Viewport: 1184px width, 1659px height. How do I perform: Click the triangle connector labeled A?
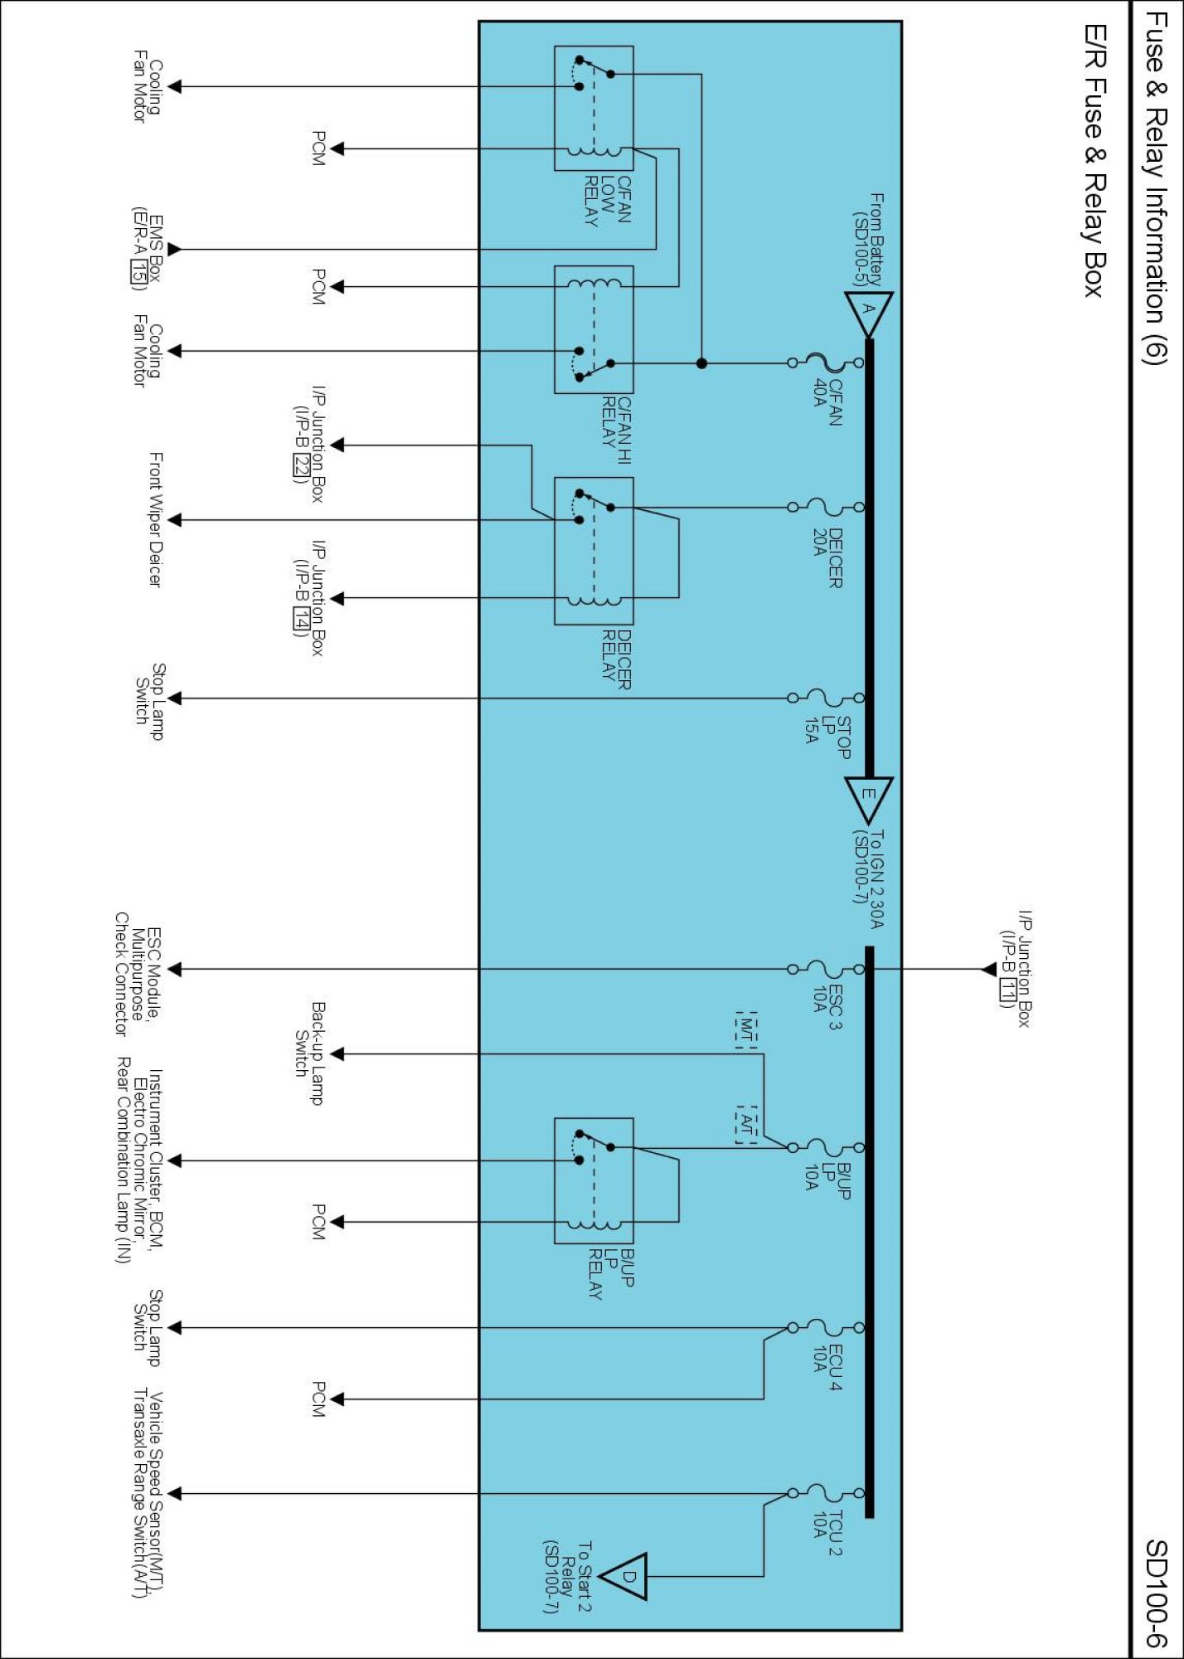click(868, 311)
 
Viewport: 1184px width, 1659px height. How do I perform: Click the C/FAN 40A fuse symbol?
click(825, 362)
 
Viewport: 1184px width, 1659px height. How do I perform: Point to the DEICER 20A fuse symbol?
click(825, 507)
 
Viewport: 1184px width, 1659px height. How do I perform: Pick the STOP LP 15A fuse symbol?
click(825, 698)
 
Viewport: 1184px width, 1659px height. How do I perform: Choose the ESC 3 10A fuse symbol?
click(825, 969)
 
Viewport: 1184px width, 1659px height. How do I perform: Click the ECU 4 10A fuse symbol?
click(825, 1327)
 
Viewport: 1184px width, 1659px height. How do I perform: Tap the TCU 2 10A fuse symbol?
click(825, 1493)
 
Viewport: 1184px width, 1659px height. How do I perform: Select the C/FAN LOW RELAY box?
click(594, 109)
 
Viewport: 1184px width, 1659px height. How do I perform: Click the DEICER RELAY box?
click(594, 551)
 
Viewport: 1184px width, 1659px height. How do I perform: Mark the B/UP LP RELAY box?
click(594, 1180)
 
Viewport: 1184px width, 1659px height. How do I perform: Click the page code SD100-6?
click(1156, 1593)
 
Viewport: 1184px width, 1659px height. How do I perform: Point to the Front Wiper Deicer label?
click(155, 520)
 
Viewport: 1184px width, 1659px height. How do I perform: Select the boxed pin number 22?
click(300, 467)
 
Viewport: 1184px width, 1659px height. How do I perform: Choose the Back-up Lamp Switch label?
click(310, 1053)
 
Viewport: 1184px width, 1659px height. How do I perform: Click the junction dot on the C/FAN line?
click(701, 363)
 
